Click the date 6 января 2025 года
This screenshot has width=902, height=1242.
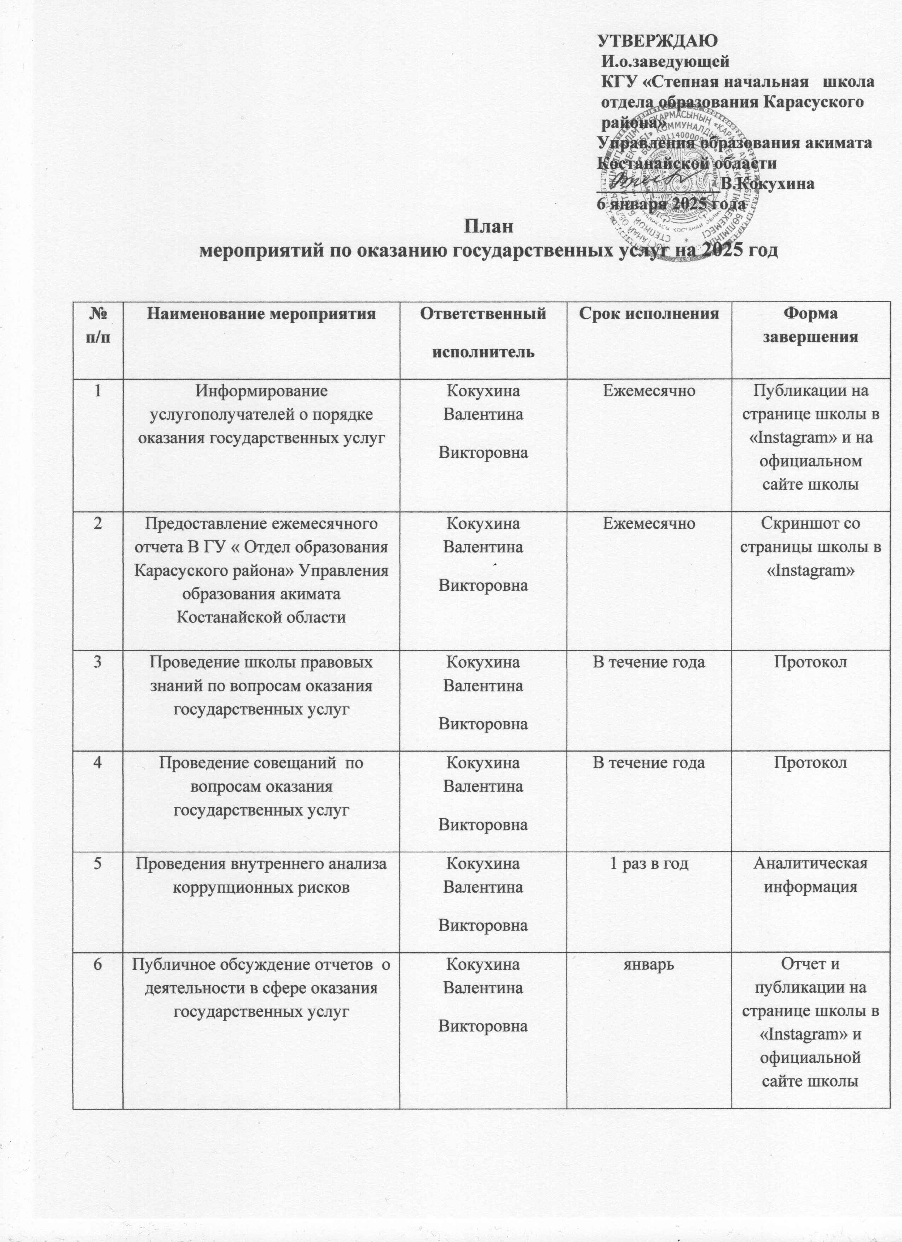[x=670, y=204]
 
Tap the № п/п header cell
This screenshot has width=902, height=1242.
[x=97, y=325]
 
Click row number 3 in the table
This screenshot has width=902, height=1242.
[x=97, y=662]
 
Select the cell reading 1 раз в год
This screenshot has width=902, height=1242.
[x=649, y=864]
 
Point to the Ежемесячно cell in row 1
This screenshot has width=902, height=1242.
[x=649, y=392]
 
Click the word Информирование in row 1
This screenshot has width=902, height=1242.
[x=261, y=392]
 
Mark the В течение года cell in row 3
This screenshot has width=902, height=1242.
[x=649, y=662]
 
